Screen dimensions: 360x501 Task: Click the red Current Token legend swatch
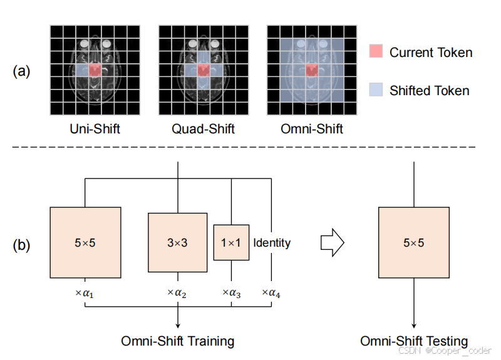pos(376,52)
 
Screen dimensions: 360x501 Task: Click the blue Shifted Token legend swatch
pos(376,90)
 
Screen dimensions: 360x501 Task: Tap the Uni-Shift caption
pos(95,130)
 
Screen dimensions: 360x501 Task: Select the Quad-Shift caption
pos(204,130)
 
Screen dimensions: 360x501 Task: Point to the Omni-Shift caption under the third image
pos(312,130)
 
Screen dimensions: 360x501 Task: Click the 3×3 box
pos(177,242)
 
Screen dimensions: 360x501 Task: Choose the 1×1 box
pos(231,242)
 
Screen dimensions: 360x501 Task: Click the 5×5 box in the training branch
pos(85,242)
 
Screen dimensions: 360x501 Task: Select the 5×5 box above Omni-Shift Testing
pos(413,242)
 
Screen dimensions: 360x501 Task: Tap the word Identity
pos(272,242)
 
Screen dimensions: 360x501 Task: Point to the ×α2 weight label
pos(178,292)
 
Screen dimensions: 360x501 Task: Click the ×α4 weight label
pos(272,292)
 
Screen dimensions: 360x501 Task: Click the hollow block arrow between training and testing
pos(332,242)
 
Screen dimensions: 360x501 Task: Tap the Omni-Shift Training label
pos(178,341)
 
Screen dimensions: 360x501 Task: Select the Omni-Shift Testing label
pos(413,341)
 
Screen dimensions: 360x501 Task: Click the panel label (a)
pos(22,71)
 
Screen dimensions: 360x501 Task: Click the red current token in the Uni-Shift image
pos(95,70)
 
